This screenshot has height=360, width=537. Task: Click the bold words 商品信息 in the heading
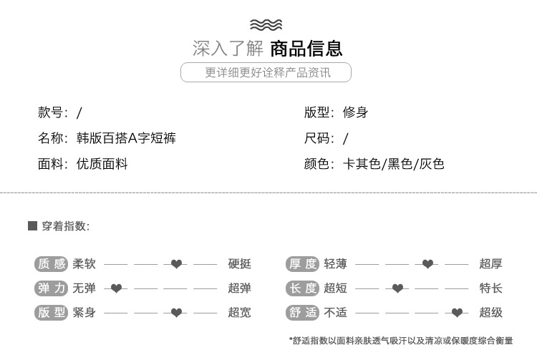click(x=306, y=49)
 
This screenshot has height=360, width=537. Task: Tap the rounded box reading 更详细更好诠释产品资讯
click(x=266, y=72)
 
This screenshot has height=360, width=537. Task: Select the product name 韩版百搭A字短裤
click(x=126, y=138)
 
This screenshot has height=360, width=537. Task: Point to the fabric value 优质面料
click(x=102, y=164)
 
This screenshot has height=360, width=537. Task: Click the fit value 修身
click(x=355, y=112)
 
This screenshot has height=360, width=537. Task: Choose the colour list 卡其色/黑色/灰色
click(x=394, y=164)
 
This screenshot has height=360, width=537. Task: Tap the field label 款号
click(x=52, y=112)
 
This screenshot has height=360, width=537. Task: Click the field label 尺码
click(x=318, y=138)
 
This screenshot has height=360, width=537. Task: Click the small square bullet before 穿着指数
click(x=32, y=226)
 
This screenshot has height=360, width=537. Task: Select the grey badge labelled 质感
click(x=51, y=264)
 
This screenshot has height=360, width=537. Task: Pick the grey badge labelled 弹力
click(x=51, y=288)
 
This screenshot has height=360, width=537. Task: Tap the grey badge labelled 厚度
click(x=302, y=264)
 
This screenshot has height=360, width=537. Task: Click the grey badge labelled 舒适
click(x=302, y=313)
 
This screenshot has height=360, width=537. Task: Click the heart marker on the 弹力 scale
click(x=116, y=288)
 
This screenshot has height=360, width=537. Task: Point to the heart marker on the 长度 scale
click(x=397, y=288)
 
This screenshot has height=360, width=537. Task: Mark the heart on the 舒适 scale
click(x=457, y=313)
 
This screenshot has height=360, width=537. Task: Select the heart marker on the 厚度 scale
click(x=427, y=264)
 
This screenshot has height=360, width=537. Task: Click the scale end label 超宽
click(x=240, y=313)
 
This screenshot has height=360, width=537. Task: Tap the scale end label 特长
click(x=491, y=288)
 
